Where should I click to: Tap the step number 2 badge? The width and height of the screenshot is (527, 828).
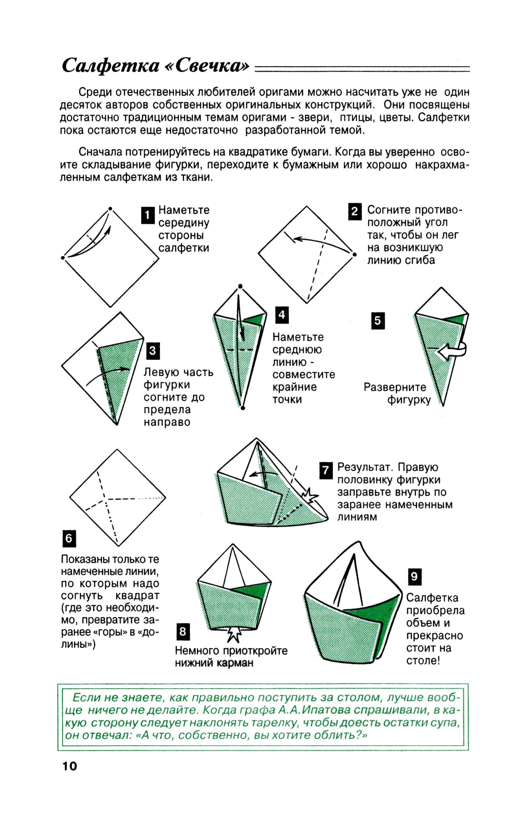coord(355,211)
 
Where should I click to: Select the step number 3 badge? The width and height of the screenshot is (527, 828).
coord(153,351)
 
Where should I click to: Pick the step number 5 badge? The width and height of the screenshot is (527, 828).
coord(378,321)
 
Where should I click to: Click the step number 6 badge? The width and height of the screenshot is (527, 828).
coord(69,539)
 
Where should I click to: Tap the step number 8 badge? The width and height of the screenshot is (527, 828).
coord(183,632)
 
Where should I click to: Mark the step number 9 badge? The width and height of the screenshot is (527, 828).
coord(415,576)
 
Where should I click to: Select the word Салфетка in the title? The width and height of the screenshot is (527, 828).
coord(111,65)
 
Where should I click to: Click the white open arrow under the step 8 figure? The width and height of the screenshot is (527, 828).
coord(234,633)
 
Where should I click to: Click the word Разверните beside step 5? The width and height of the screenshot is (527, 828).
coord(395,387)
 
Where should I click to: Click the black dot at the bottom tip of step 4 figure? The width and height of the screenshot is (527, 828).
coord(243,408)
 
